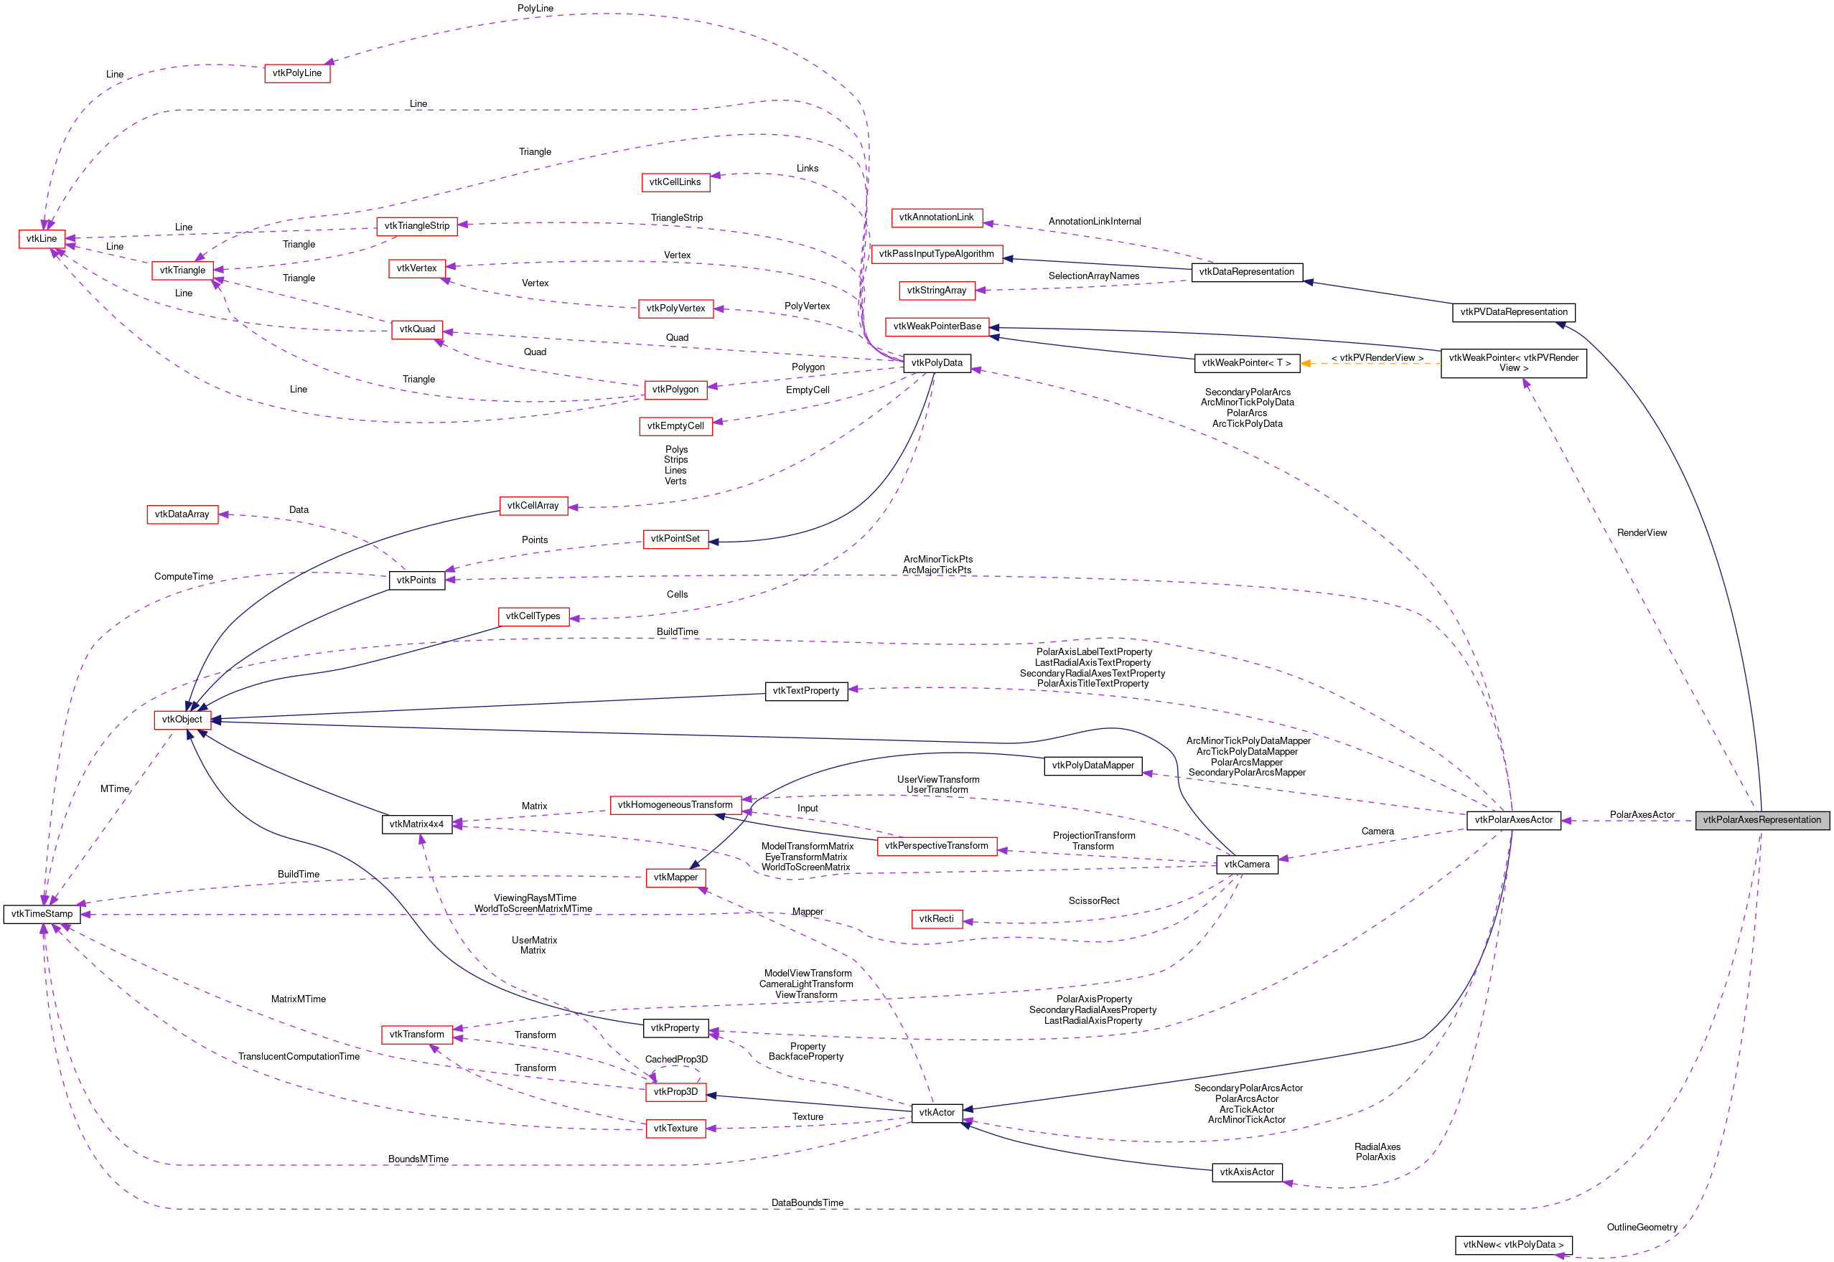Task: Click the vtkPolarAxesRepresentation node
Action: coord(1762,820)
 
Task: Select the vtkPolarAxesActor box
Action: coord(1512,820)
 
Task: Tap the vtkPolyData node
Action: coord(937,363)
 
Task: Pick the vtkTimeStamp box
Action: coord(42,914)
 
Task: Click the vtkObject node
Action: coord(182,720)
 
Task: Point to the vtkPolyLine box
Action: coord(296,72)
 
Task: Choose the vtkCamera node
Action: coord(1246,865)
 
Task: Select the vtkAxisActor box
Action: coord(1246,1172)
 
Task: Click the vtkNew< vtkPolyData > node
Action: coord(1512,1245)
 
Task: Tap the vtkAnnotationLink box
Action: coord(936,217)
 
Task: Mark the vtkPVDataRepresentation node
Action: coord(1512,312)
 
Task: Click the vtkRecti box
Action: coord(936,919)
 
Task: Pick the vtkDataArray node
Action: coord(182,514)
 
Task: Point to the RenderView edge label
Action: coord(1642,533)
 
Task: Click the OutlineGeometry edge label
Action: coord(1642,1228)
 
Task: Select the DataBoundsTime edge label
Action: coord(807,1203)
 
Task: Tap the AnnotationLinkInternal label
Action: coord(1094,222)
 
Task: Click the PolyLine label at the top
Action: coord(535,9)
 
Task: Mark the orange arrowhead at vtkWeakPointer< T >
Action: coord(1306,364)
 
